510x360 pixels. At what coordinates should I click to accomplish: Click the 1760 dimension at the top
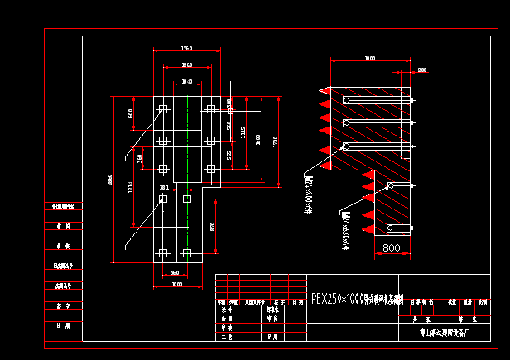(x=186, y=49)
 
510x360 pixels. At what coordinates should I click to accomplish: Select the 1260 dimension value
(x=186, y=65)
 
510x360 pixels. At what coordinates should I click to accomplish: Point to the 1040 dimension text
(x=186, y=82)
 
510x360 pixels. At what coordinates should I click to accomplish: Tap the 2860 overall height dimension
(x=109, y=180)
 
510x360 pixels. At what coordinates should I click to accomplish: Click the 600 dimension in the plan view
(x=131, y=113)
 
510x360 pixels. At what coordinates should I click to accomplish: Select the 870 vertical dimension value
(x=213, y=225)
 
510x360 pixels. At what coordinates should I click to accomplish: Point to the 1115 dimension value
(x=243, y=132)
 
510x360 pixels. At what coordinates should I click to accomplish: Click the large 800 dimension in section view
(x=391, y=247)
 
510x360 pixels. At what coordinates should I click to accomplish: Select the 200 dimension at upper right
(x=422, y=70)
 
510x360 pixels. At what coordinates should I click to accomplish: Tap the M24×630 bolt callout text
(x=341, y=228)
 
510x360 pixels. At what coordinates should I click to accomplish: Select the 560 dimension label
(x=229, y=125)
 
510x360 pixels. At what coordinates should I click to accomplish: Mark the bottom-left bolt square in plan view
(x=162, y=252)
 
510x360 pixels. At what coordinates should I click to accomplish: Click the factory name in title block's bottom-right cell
(x=445, y=335)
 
